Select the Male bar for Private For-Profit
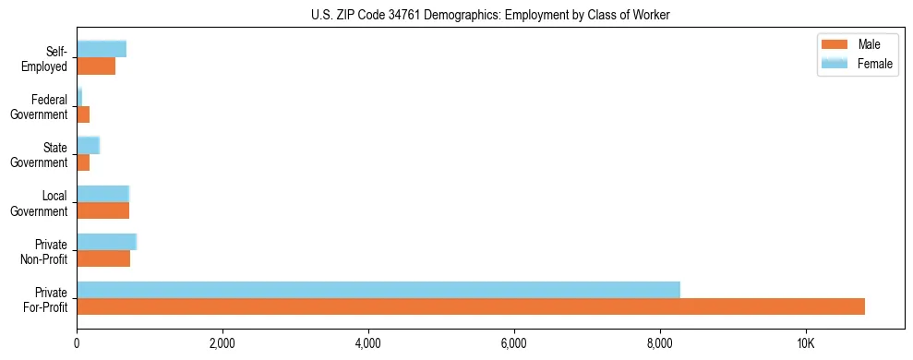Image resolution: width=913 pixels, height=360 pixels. pyautogui.click(x=471, y=306)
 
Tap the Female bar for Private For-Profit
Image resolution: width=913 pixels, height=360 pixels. pyautogui.click(x=378, y=290)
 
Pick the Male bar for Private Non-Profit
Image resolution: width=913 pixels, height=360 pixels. pyautogui.click(x=103, y=258)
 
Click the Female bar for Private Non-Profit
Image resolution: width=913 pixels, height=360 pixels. pyautogui.click(x=106, y=242)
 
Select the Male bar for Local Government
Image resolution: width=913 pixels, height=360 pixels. pyautogui.click(x=102, y=210)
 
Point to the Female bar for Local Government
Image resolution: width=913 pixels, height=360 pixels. pyautogui.click(x=102, y=194)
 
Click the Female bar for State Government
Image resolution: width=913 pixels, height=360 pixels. pyautogui.click(x=88, y=146)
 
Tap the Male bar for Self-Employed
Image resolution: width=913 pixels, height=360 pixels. pyautogui.click(x=96, y=66)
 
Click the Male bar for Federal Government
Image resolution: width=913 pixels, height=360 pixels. pyautogui.click(x=83, y=114)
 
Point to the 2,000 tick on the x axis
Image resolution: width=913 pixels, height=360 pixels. pyautogui.click(x=222, y=344)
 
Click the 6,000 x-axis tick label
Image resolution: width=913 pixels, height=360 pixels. pyautogui.click(x=514, y=344)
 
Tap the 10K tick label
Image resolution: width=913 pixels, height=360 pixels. pyautogui.click(x=806, y=344)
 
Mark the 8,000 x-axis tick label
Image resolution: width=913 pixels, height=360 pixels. pyautogui.click(x=660, y=344)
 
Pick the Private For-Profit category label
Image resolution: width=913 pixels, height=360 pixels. pyautogui.click(x=46, y=299)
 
